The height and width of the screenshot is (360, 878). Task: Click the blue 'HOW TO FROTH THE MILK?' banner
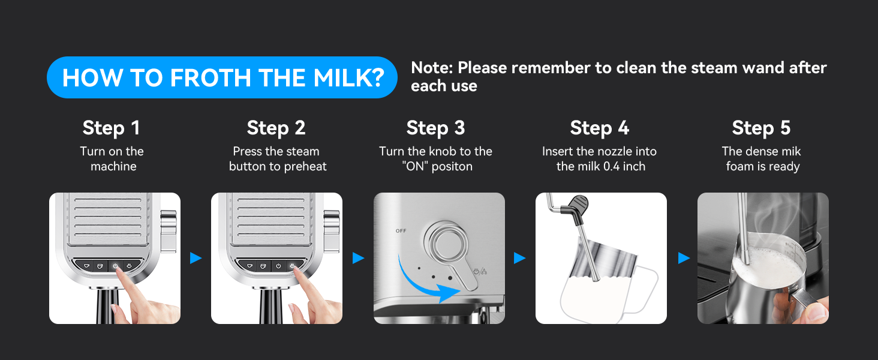coord(222,77)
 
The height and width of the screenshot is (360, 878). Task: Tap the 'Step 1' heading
coord(111,128)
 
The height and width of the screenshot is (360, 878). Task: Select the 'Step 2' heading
coord(276,128)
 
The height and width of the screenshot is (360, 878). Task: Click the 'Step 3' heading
coord(435,128)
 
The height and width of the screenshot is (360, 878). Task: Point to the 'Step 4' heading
coord(599,128)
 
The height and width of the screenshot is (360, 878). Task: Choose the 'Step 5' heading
coord(761,128)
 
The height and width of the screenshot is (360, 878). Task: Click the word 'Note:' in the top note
coord(432,68)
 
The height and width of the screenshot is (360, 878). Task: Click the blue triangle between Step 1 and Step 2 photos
coord(196,258)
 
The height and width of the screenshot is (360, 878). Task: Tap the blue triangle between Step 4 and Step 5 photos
coord(683,258)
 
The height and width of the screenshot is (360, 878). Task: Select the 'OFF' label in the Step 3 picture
coord(401,231)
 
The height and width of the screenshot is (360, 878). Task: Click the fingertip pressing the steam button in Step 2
coord(297,271)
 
